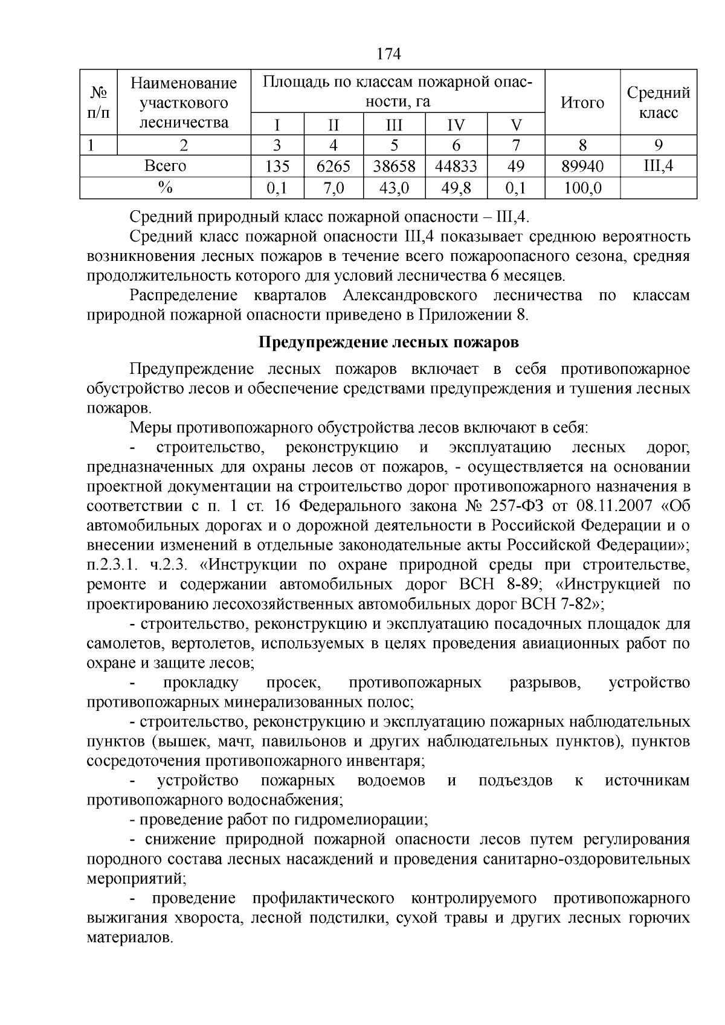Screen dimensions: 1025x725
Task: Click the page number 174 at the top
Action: [388, 54]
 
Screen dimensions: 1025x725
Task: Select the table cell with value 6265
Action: [333, 166]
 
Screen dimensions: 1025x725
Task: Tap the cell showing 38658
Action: [394, 166]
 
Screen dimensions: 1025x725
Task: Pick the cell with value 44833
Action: [456, 166]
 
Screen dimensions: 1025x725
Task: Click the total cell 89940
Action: [582, 166]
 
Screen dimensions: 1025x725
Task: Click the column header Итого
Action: [582, 103]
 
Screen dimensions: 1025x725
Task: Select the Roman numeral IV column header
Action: [456, 125]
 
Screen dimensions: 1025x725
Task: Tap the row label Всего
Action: [166, 166]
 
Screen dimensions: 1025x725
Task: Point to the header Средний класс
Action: [658, 103]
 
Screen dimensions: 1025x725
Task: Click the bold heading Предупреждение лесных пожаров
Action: [388, 342]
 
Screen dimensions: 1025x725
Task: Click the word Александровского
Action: [410, 295]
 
